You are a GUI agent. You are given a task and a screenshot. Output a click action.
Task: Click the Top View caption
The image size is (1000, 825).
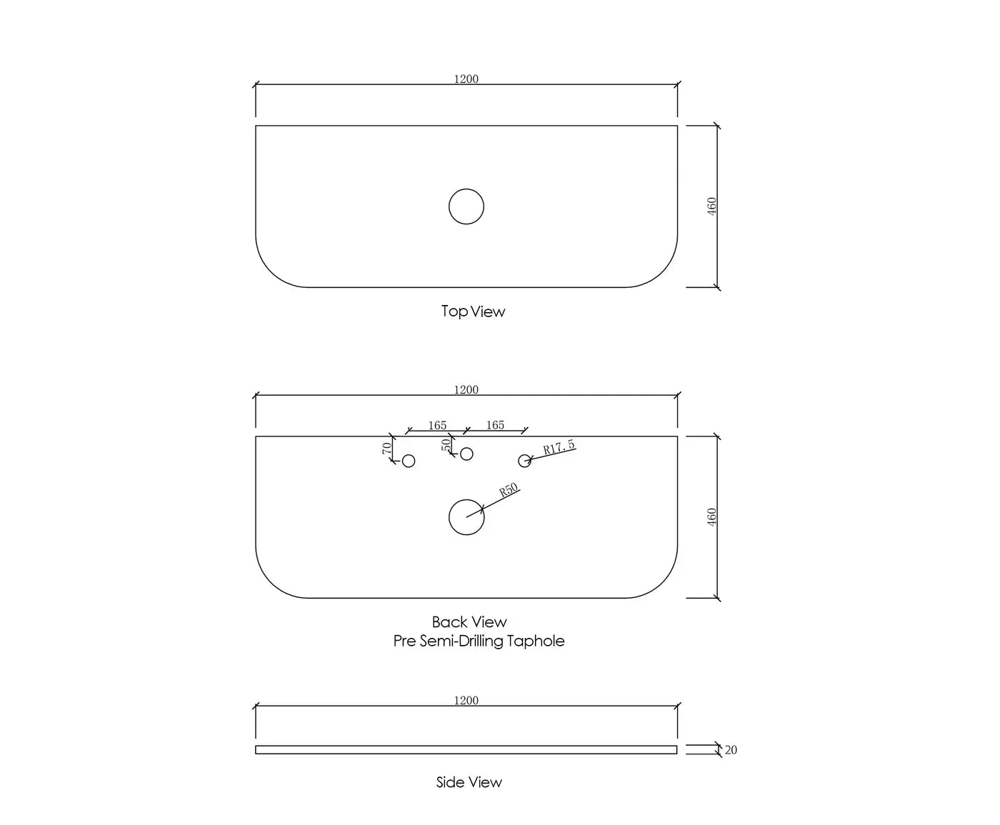coord(473,311)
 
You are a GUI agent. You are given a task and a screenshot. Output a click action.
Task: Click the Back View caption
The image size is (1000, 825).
coord(469,622)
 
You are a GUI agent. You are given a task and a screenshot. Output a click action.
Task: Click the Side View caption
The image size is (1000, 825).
coord(469,782)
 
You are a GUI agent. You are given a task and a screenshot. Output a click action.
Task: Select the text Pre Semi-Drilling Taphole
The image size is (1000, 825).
coord(479,641)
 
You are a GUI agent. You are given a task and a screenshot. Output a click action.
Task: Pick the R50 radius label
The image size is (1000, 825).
coord(509,489)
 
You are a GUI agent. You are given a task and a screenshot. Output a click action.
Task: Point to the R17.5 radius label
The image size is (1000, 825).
coord(559,447)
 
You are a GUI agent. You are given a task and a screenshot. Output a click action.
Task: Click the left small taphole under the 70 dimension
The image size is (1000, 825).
coord(409,455)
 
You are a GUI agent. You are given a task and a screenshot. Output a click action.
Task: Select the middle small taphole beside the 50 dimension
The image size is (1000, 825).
coord(466,448)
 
